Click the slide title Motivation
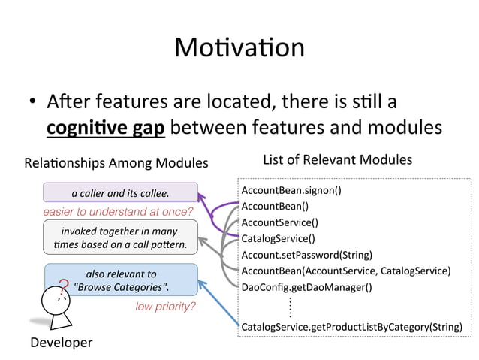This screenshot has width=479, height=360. (x=239, y=48)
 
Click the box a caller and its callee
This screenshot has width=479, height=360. (x=120, y=193)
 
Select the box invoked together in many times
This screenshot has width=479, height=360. (x=120, y=238)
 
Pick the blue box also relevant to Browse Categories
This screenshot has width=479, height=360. (x=122, y=280)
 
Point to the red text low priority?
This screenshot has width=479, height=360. (x=165, y=307)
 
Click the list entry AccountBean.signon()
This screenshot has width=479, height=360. (x=291, y=190)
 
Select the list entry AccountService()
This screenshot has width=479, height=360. (x=279, y=222)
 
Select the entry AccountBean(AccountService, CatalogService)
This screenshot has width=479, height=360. (x=345, y=271)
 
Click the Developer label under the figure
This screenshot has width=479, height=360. (x=62, y=343)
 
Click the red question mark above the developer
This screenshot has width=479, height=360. (x=63, y=285)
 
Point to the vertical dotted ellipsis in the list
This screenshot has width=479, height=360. (x=289, y=307)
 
